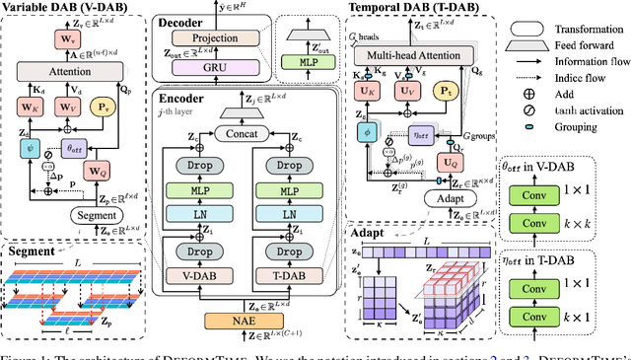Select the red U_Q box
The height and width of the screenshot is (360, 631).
click(x=451, y=161)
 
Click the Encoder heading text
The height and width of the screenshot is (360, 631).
click(x=184, y=99)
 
